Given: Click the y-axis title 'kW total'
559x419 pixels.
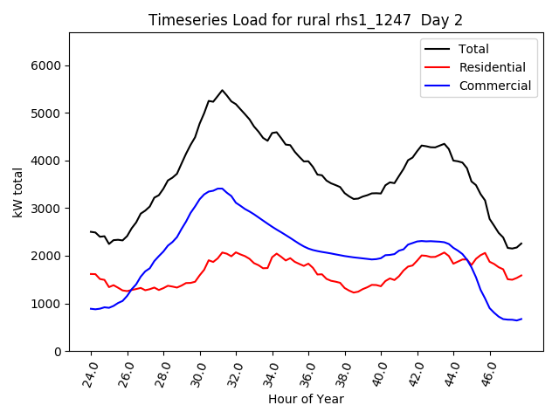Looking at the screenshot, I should [18, 192].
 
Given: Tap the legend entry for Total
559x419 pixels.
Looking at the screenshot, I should [473, 49].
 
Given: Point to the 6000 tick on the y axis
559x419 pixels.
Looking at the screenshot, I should [46, 65].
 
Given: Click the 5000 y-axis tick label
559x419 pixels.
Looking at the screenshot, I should [46, 113].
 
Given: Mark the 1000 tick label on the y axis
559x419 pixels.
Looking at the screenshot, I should [46, 304].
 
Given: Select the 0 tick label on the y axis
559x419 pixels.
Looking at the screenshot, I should [58, 352].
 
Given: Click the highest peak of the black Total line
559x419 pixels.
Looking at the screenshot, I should [222, 90].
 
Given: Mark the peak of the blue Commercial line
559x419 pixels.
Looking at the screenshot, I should [220, 188].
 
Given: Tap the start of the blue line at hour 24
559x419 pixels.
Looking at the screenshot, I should [91, 308].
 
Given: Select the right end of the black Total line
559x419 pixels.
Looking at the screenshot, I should [521, 243].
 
